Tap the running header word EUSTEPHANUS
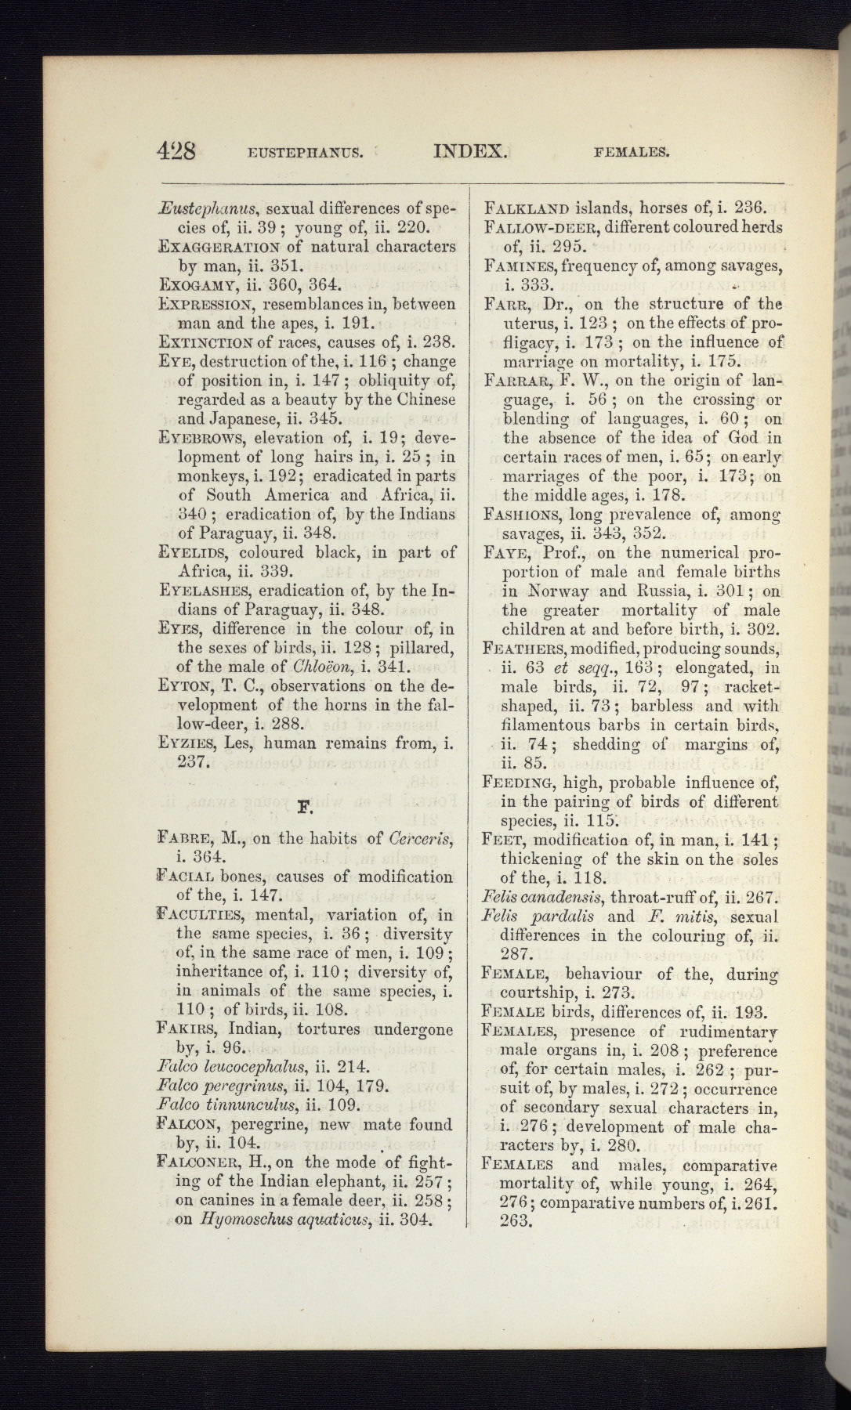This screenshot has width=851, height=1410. point(305,152)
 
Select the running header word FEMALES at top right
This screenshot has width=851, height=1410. point(632,152)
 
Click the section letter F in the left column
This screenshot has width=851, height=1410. point(306,804)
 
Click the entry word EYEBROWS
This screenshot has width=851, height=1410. point(204,438)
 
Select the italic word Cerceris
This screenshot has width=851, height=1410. point(421,837)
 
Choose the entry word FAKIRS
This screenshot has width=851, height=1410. point(192,1029)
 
